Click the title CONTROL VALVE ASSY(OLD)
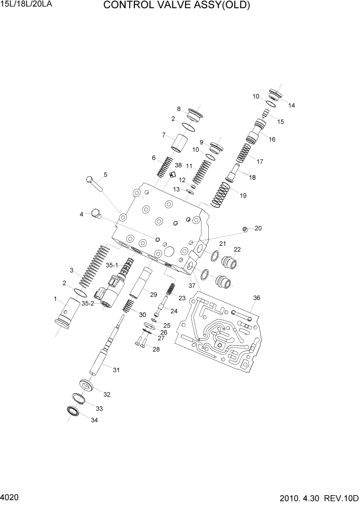[x=176, y=6]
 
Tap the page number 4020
[x=10, y=498]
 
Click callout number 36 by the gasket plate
[x=256, y=298]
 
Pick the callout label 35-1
[x=112, y=265]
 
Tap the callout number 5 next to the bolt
[x=105, y=175]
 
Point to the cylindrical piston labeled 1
[x=66, y=316]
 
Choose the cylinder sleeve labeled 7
[x=178, y=142]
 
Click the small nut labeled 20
[x=245, y=229]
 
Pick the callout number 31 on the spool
[x=116, y=370]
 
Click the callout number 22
[x=237, y=250]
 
